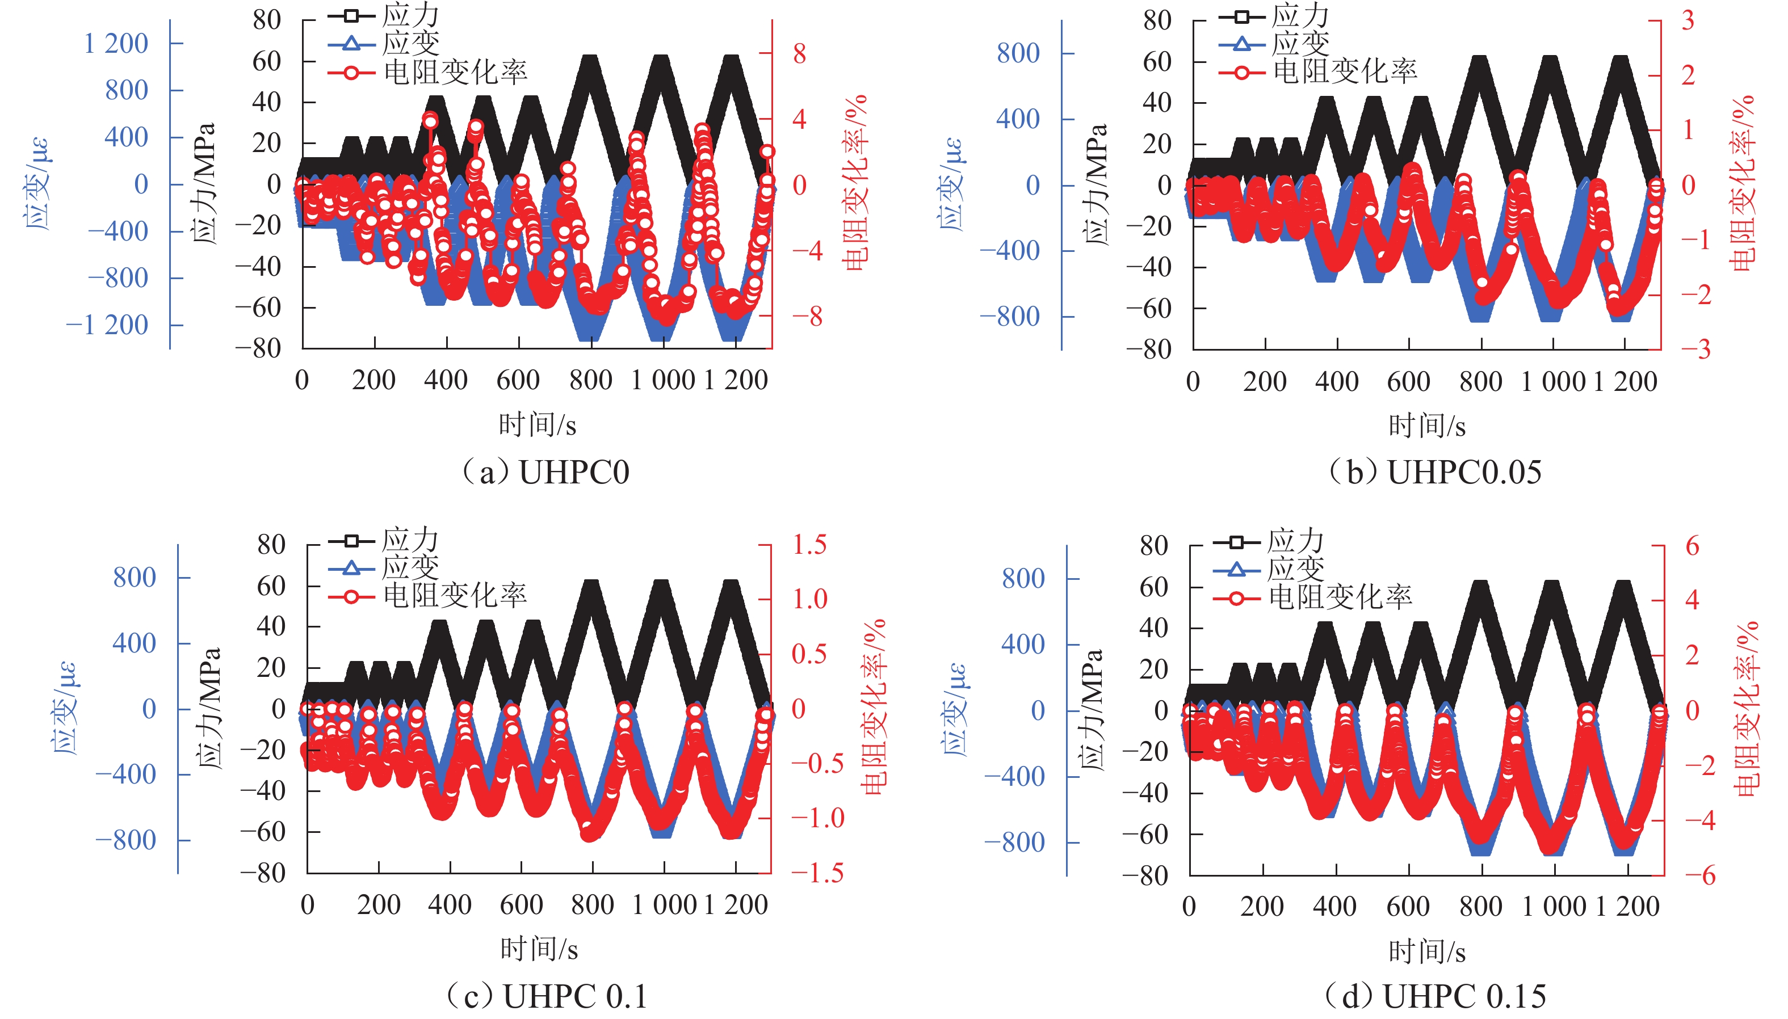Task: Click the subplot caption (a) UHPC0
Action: [545, 473]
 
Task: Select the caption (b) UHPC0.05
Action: [1435, 473]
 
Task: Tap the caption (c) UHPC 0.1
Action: [547, 996]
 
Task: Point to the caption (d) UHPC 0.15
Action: [1435, 996]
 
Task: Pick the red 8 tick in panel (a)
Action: [799, 53]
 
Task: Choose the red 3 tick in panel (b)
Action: [1688, 20]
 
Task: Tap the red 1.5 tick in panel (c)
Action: [809, 545]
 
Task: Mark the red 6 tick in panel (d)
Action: [1692, 546]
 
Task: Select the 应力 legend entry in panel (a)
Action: [410, 15]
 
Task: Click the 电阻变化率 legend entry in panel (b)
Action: [1344, 71]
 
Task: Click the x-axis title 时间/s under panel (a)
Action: [538, 425]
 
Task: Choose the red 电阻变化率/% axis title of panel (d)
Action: [1746, 708]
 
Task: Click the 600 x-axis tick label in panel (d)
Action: [1408, 906]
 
